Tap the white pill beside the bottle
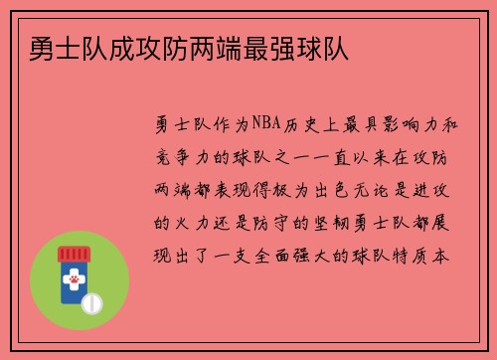click(90, 301)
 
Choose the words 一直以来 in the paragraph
click(355, 156)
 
